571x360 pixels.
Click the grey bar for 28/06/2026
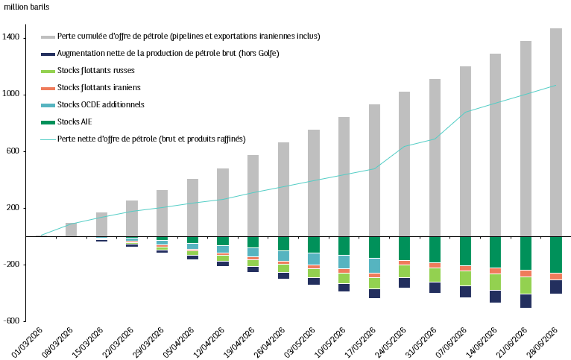(555, 132)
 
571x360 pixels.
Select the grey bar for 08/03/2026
(71, 230)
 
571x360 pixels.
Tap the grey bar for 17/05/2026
(374, 171)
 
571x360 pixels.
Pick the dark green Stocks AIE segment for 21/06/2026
(526, 253)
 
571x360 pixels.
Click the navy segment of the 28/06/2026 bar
(555, 287)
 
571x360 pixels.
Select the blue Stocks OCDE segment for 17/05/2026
(374, 266)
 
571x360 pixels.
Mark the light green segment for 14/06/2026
(495, 282)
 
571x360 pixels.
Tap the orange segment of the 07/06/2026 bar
(465, 268)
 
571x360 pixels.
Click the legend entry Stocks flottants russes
(95, 70)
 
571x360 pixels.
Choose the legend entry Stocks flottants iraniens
(98, 87)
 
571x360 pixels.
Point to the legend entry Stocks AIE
(75, 121)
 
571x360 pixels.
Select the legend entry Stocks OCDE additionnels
(101, 104)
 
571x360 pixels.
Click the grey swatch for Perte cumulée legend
(48, 37)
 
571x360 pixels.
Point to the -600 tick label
(11, 320)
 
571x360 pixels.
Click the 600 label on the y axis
(13, 151)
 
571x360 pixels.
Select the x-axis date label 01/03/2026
(28, 342)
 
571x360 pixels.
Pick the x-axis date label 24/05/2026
(390, 342)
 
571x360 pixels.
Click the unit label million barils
(26, 7)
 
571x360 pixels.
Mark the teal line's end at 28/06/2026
(555, 86)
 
